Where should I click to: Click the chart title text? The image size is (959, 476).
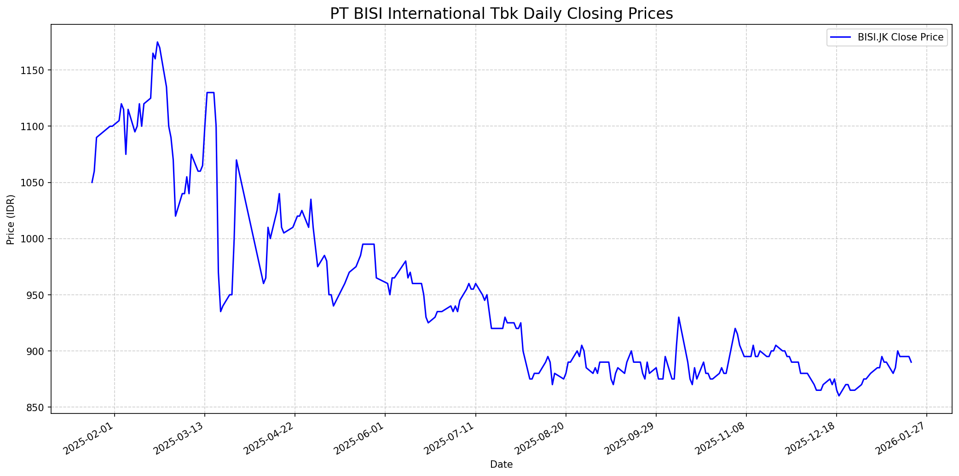(x=501, y=13)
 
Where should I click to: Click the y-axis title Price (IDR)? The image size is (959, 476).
(x=11, y=219)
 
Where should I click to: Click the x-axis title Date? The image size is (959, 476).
(x=501, y=465)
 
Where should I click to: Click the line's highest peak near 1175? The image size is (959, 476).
(x=157, y=42)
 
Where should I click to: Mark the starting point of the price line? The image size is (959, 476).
(x=92, y=183)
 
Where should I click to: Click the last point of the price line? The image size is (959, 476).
(x=911, y=362)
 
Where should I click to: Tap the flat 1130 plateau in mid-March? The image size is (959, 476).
(x=210, y=92)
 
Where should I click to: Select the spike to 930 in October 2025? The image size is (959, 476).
(x=678, y=317)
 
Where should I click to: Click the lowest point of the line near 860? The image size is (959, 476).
(x=839, y=396)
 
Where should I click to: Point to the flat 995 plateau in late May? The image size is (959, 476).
(x=369, y=244)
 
